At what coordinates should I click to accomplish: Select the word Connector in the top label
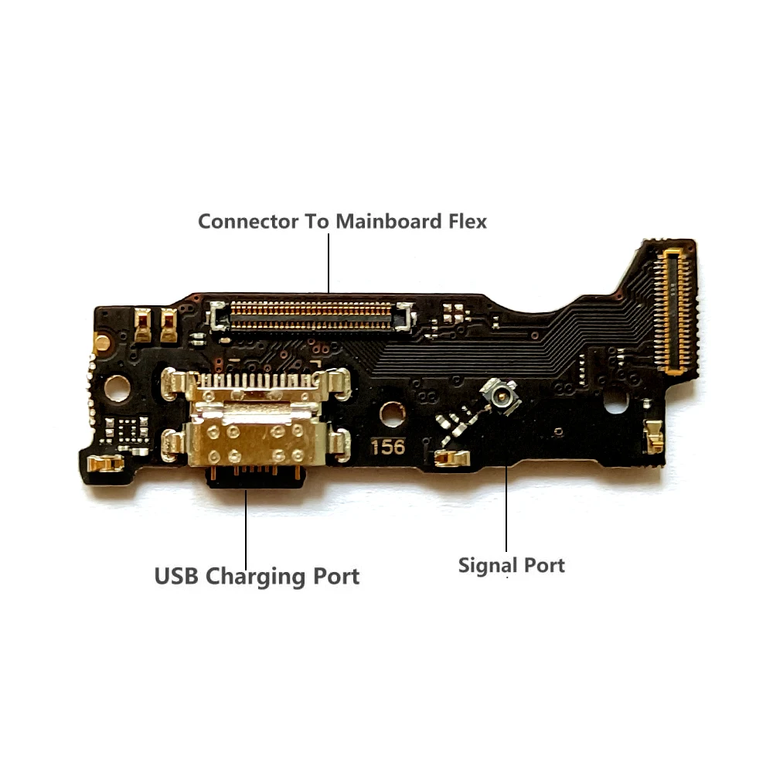(248, 221)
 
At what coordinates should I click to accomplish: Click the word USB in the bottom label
(176, 577)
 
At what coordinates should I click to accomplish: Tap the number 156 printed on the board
(387, 447)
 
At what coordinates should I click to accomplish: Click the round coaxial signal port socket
(495, 395)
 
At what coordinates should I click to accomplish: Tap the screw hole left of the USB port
(117, 388)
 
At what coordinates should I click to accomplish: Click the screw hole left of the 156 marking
(392, 413)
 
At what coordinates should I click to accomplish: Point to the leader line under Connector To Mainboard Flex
(329, 263)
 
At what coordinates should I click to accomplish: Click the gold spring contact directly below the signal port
(452, 458)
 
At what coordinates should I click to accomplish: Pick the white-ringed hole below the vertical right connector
(615, 402)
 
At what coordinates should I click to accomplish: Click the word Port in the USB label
(334, 577)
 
